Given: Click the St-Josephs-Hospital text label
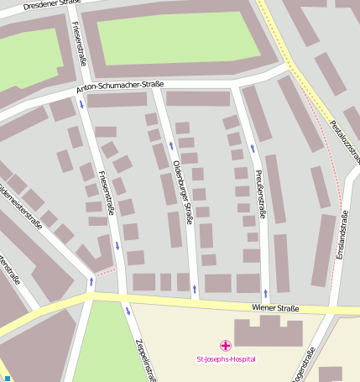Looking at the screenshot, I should [226, 359].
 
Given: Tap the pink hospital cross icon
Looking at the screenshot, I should [225, 345].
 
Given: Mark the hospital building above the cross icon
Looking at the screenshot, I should [267, 332].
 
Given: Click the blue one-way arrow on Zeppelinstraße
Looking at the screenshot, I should [128, 311].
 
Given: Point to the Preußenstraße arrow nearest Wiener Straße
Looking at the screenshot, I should [266, 293].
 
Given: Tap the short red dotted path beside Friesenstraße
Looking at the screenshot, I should [104, 272].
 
